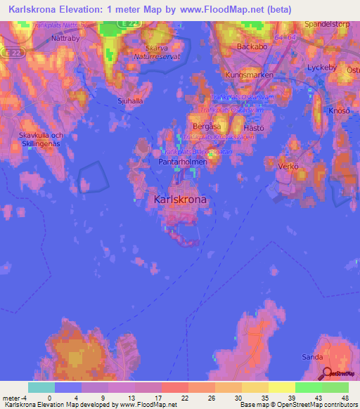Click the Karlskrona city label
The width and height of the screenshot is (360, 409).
pos(180,200)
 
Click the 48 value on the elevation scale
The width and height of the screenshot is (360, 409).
pos(345,398)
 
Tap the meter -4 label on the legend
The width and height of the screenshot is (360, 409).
pos(15,398)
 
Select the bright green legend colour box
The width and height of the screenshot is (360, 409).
pos(308,387)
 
